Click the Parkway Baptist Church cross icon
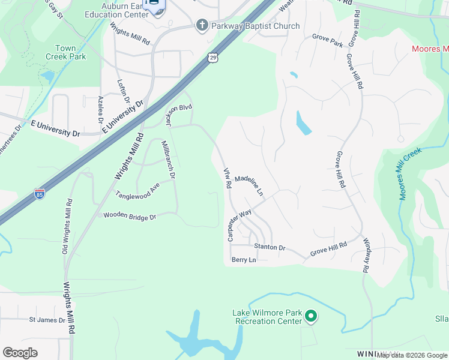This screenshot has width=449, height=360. pos(202,26)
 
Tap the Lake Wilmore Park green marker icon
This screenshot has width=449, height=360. pos(310,316)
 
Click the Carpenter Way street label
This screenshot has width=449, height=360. pos(239,225)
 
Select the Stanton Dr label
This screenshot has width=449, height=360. pos(270,247)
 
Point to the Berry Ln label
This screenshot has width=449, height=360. pos(244,260)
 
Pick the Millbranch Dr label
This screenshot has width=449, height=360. pos(168,160)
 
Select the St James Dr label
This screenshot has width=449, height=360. pos(47,320)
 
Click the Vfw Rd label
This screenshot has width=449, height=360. pos(228,179)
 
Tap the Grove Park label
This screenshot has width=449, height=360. pos(327,44)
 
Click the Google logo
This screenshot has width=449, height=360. pos(20,353)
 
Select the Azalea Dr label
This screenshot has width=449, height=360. pos(101,109)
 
